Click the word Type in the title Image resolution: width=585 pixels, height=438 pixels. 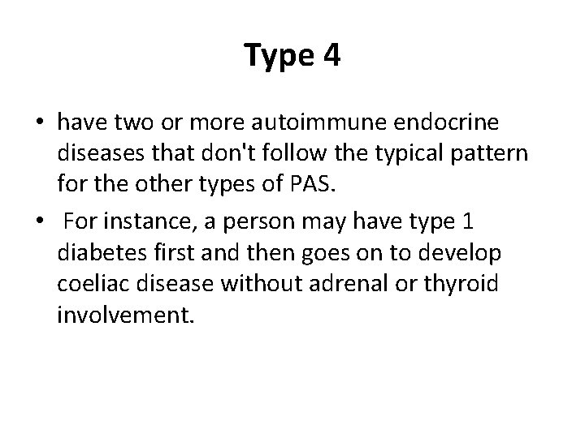pos(276,56)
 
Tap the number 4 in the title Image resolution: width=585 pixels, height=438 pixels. pos(330,56)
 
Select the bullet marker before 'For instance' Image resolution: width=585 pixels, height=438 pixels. pos(40,222)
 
